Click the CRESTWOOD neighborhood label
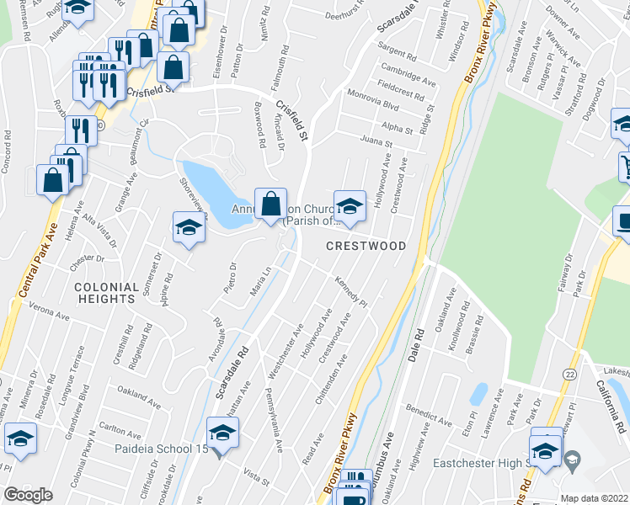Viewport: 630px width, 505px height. [x=366, y=246]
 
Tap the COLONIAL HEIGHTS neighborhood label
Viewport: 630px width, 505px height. [x=105, y=292]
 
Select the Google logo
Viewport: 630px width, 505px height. [x=28, y=495]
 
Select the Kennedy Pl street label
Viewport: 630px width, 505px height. [x=351, y=290]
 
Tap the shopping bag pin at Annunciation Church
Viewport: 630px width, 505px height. [x=270, y=205]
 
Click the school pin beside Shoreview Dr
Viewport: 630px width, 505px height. [x=189, y=227]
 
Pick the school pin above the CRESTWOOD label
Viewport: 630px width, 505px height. [x=349, y=206]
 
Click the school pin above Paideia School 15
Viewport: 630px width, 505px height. [x=222, y=435]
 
